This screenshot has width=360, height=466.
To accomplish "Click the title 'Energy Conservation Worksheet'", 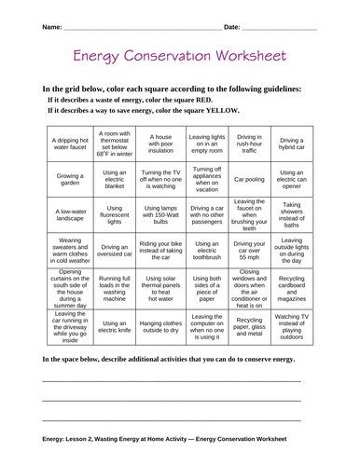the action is tap(180, 59).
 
